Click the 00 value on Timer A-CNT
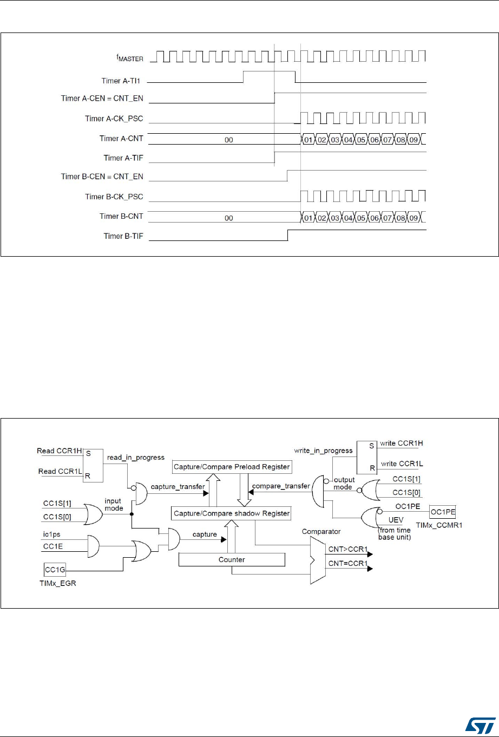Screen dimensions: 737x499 [x=228, y=139]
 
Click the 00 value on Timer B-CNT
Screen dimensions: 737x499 [x=228, y=218]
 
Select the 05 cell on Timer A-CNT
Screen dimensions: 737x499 [x=361, y=140]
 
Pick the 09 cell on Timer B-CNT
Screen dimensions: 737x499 [x=413, y=218]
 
